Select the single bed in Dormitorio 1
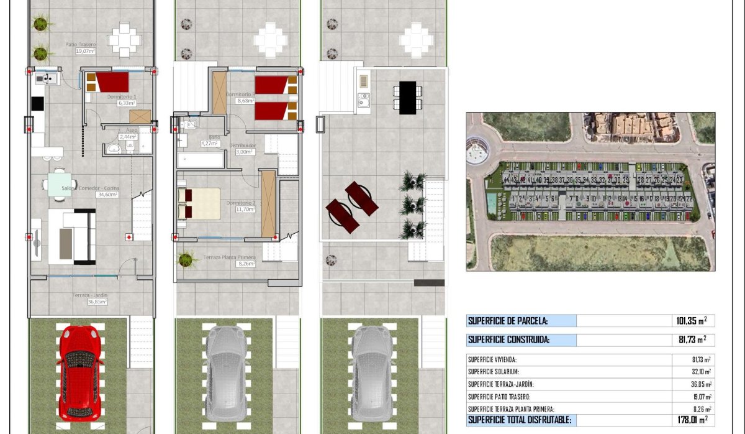click(107, 82)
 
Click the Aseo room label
click(132, 130)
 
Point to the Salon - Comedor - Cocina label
click(90, 188)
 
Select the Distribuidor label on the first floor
click(243, 145)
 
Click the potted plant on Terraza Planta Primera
click(186, 259)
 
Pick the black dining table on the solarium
click(407, 98)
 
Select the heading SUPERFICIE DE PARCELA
click(507, 321)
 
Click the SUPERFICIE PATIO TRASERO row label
click(500, 397)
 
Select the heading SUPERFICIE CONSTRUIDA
click(508, 339)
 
